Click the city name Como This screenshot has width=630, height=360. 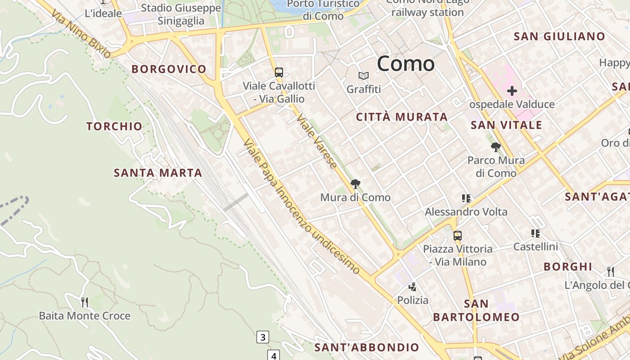coord(405,64)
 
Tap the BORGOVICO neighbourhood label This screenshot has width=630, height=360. coord(169,69)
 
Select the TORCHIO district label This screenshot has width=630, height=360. coord(114,126)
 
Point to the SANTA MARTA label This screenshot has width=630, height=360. coord(157,173)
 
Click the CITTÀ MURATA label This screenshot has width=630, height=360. coord(402,117)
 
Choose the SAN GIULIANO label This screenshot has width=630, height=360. coord(559,37)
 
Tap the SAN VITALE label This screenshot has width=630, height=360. coord(506,125)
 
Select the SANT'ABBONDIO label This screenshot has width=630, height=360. coord(367,347)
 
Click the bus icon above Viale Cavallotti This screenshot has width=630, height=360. coord(279,72)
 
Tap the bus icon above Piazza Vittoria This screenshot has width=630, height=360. coord(458,235)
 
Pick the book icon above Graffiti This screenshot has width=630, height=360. coord(364,76)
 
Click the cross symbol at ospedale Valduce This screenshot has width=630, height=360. coord(512,91)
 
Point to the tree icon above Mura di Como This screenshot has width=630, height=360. coord(355,184)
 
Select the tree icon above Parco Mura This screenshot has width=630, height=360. coord(496,147)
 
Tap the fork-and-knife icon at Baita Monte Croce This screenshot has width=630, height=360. coord(84,302)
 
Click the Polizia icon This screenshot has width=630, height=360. coord(412,287)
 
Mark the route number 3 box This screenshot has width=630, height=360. coord(263,337)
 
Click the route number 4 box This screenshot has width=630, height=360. coord(274,355)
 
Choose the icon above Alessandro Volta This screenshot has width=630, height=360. coord(466,198)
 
